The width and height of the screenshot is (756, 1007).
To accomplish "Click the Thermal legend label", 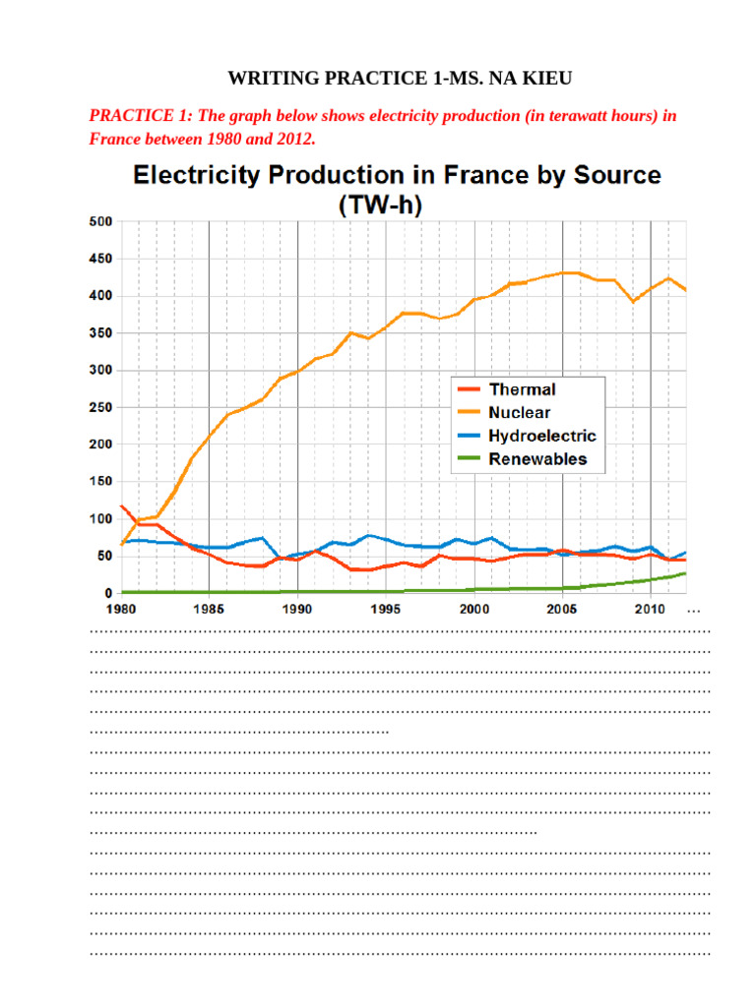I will coord(522,389).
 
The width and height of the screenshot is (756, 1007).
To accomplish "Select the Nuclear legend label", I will coord(520,413).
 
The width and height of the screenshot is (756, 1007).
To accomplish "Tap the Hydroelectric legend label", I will coord(542,436).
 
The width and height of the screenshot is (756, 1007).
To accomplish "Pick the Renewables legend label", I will coord(537,459).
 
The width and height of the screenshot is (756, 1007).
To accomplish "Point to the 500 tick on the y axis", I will coord(99,222).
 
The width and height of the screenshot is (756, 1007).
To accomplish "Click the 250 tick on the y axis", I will coord(99,407).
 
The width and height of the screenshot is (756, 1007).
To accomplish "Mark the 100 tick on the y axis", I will coord(99,518).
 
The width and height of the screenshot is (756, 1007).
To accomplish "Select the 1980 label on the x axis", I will coord(121,610).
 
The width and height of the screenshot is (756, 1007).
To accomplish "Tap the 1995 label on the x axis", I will coord(386,610).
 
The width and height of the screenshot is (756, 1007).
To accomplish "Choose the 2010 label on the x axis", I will coord(651,610).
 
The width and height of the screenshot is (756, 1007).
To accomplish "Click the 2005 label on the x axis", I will coord(562,610).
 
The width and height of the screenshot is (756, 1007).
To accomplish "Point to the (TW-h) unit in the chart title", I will coord(397,206).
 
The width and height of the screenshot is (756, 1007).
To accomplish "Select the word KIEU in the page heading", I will coord(505,77).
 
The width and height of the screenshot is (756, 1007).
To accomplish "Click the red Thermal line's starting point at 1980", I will coord(121,505).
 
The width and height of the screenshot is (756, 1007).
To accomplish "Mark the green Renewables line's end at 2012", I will coord(686,572).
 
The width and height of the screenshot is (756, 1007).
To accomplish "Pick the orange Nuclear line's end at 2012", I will coord(686,290).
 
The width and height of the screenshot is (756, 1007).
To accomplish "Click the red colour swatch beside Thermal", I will coord(471,390).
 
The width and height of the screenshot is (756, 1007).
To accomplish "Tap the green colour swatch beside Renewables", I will coord(471,459).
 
